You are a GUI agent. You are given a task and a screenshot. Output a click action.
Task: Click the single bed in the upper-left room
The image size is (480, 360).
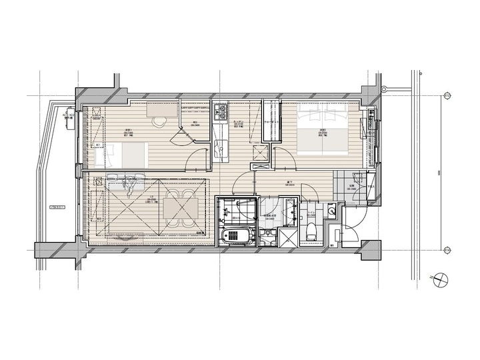point(121,157)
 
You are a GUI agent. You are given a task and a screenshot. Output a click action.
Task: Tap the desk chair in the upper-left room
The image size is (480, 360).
point(158,122)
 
